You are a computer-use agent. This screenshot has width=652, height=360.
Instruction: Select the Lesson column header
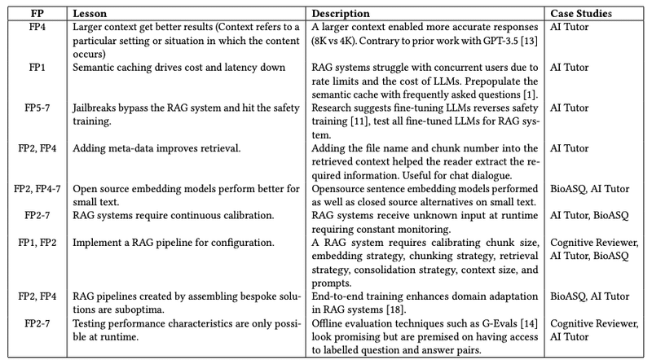point(89,14)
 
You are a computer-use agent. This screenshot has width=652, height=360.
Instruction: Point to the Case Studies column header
point(581,14)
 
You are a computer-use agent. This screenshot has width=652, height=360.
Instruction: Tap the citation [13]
point(530,38)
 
